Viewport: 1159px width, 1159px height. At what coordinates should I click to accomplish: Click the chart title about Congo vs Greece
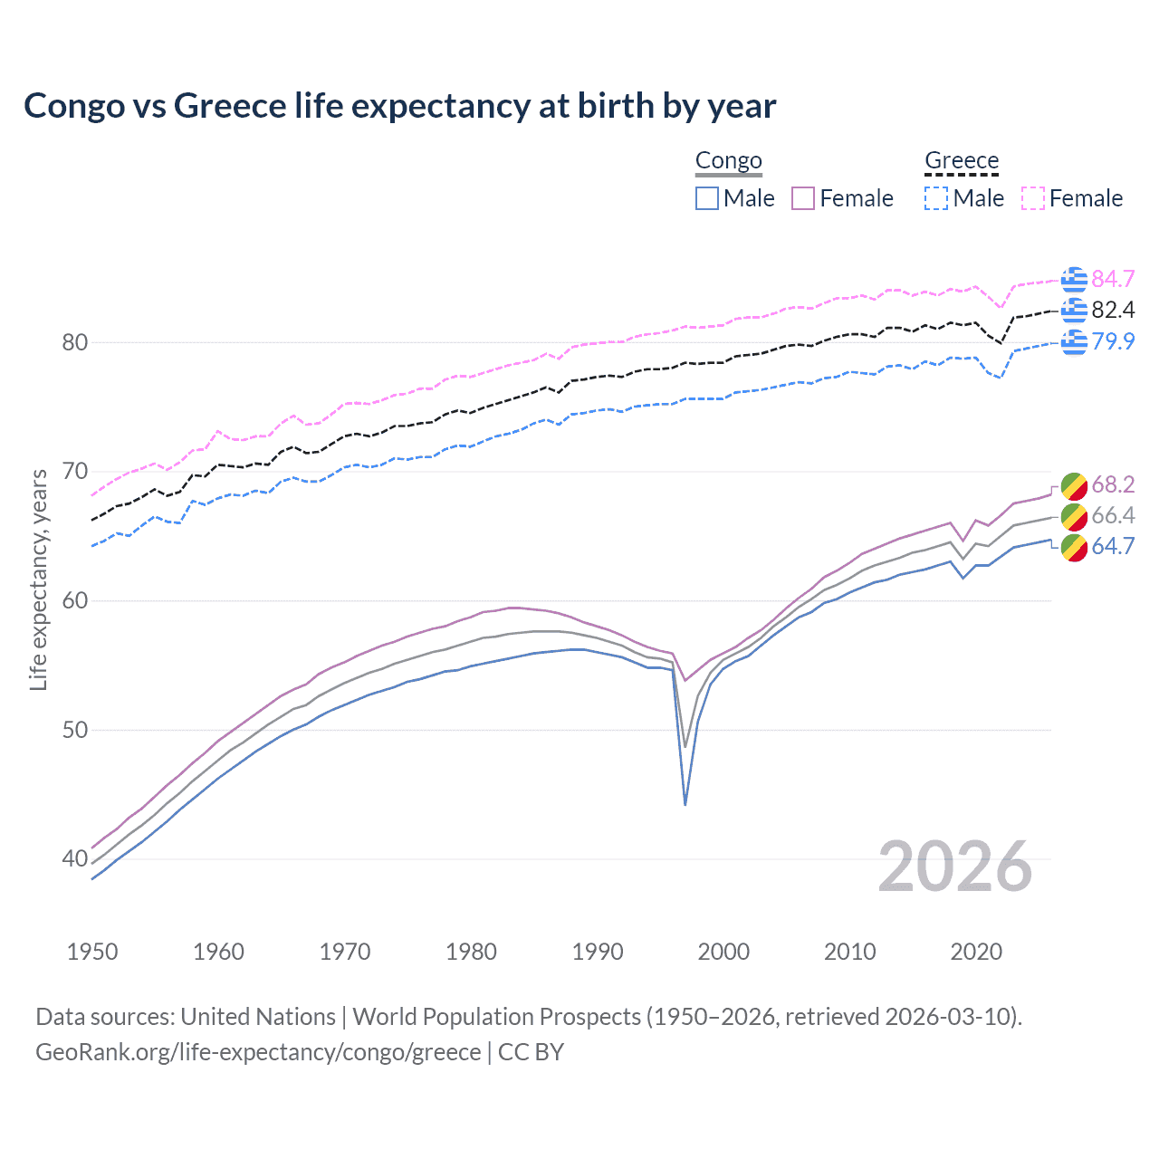399,106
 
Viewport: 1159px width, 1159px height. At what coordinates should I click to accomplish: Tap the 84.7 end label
1113,279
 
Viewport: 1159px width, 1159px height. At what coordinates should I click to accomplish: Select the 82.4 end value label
1113,310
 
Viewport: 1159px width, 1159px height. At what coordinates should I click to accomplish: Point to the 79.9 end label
1113,341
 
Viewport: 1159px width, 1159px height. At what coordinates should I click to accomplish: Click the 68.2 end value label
1113,484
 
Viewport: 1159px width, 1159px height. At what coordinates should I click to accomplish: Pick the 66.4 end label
1113,515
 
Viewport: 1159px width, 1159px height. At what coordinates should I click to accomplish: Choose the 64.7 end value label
1113,546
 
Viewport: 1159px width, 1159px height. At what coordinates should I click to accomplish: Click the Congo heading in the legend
728,161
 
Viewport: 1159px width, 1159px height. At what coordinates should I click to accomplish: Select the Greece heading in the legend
961,161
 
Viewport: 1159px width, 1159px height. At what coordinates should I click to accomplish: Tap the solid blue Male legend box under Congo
707,198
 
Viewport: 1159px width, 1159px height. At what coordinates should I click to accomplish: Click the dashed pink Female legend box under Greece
1033,198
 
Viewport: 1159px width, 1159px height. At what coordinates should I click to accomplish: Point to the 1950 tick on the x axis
92,952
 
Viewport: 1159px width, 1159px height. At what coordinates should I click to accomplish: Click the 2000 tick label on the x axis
723,952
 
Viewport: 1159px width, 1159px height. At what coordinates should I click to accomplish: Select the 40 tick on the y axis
75,858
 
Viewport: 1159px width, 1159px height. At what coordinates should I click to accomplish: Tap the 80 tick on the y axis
75,342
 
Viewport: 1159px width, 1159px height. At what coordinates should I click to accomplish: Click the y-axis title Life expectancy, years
38,579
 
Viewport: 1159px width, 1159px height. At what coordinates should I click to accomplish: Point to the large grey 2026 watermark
954,867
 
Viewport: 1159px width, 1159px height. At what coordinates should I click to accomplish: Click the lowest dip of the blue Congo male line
685,804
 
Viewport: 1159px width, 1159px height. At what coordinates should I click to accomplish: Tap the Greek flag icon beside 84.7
1074,279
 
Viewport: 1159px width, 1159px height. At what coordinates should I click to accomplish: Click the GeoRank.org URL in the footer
258,1052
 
